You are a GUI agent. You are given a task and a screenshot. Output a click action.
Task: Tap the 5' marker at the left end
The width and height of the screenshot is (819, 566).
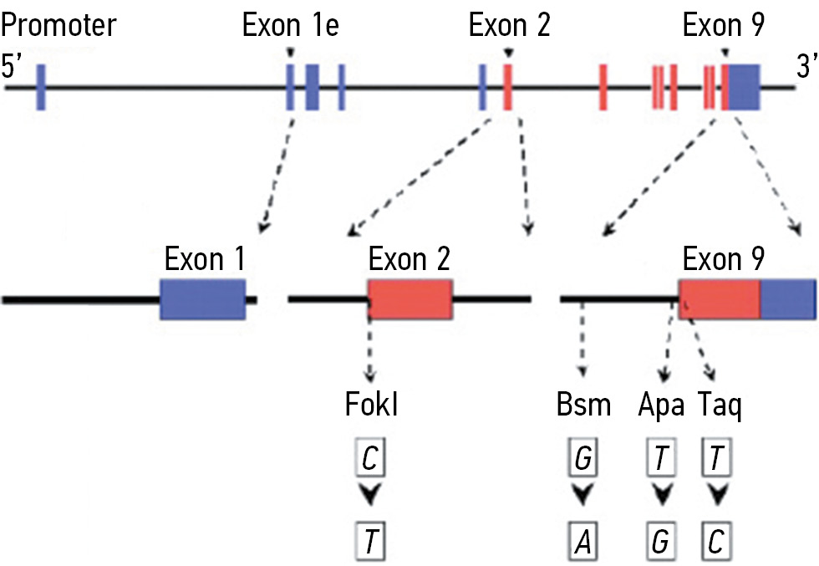13,67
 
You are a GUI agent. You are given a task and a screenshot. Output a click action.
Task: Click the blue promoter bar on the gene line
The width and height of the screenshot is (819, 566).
41,86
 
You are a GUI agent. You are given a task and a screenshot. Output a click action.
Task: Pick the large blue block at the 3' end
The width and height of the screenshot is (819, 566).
744,86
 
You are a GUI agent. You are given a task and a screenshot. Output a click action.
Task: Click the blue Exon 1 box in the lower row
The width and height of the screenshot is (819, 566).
203,298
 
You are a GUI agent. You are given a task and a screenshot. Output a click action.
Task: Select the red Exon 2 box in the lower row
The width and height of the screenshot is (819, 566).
410,298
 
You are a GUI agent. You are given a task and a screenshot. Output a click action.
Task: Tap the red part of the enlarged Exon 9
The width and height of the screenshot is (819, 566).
720,298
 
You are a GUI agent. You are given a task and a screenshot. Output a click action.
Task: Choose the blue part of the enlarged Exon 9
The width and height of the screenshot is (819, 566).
787,298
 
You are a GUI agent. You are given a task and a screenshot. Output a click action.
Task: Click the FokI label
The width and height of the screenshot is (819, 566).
371,406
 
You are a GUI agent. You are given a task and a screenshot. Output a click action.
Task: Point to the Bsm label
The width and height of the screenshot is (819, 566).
583,406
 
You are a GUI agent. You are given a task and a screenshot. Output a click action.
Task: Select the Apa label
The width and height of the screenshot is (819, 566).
661,406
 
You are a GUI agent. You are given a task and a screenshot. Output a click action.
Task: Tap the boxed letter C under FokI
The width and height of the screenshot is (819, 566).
369,458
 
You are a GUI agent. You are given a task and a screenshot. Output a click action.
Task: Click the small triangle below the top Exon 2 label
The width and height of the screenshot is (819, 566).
508,54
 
